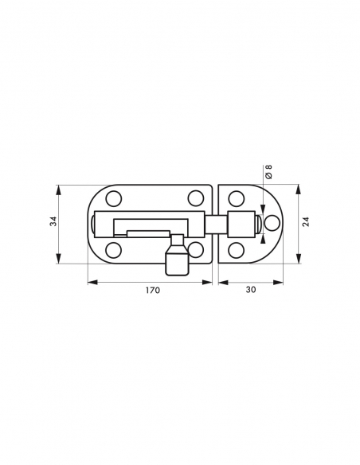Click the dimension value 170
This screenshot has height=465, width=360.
click(x=152, y=291)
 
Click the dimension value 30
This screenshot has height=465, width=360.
click(x=250, y=291)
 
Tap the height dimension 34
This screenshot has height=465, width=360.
click(x=53, y=225)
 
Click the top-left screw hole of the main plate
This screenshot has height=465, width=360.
click(x=113, y=198)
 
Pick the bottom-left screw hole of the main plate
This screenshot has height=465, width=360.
click(x=113, y=250)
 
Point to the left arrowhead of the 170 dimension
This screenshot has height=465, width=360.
click(x=90, y=280)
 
